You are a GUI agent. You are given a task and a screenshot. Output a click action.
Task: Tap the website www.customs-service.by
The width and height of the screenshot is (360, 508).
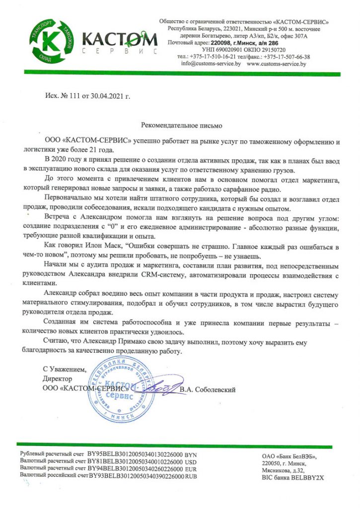276,64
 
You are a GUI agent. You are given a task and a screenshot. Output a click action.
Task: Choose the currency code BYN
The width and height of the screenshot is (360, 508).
191,454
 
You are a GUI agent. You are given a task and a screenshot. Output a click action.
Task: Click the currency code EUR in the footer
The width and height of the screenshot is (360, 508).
191,468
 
